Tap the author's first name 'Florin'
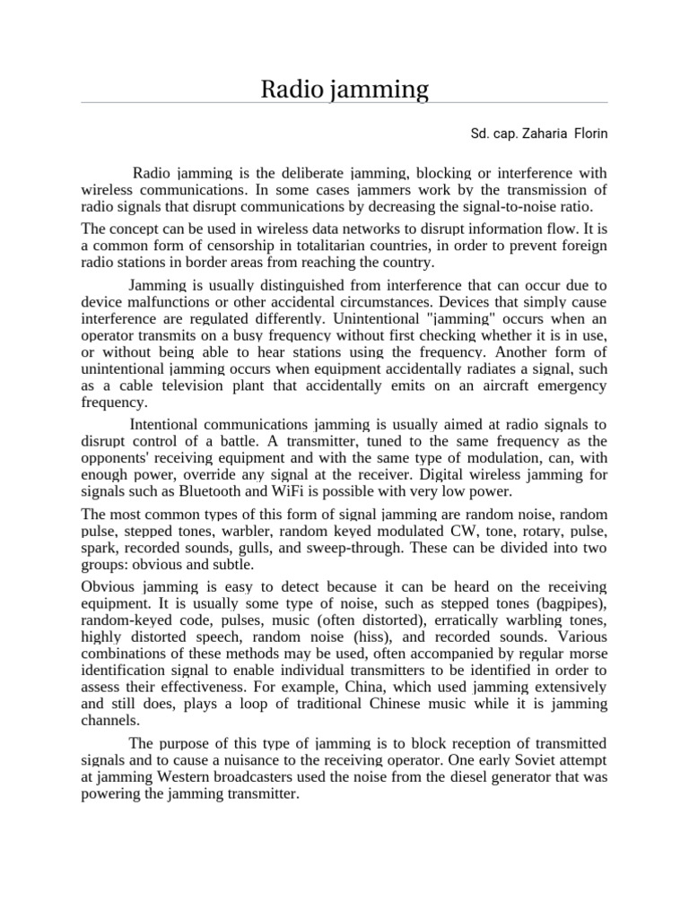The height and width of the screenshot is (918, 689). point(587,134)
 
